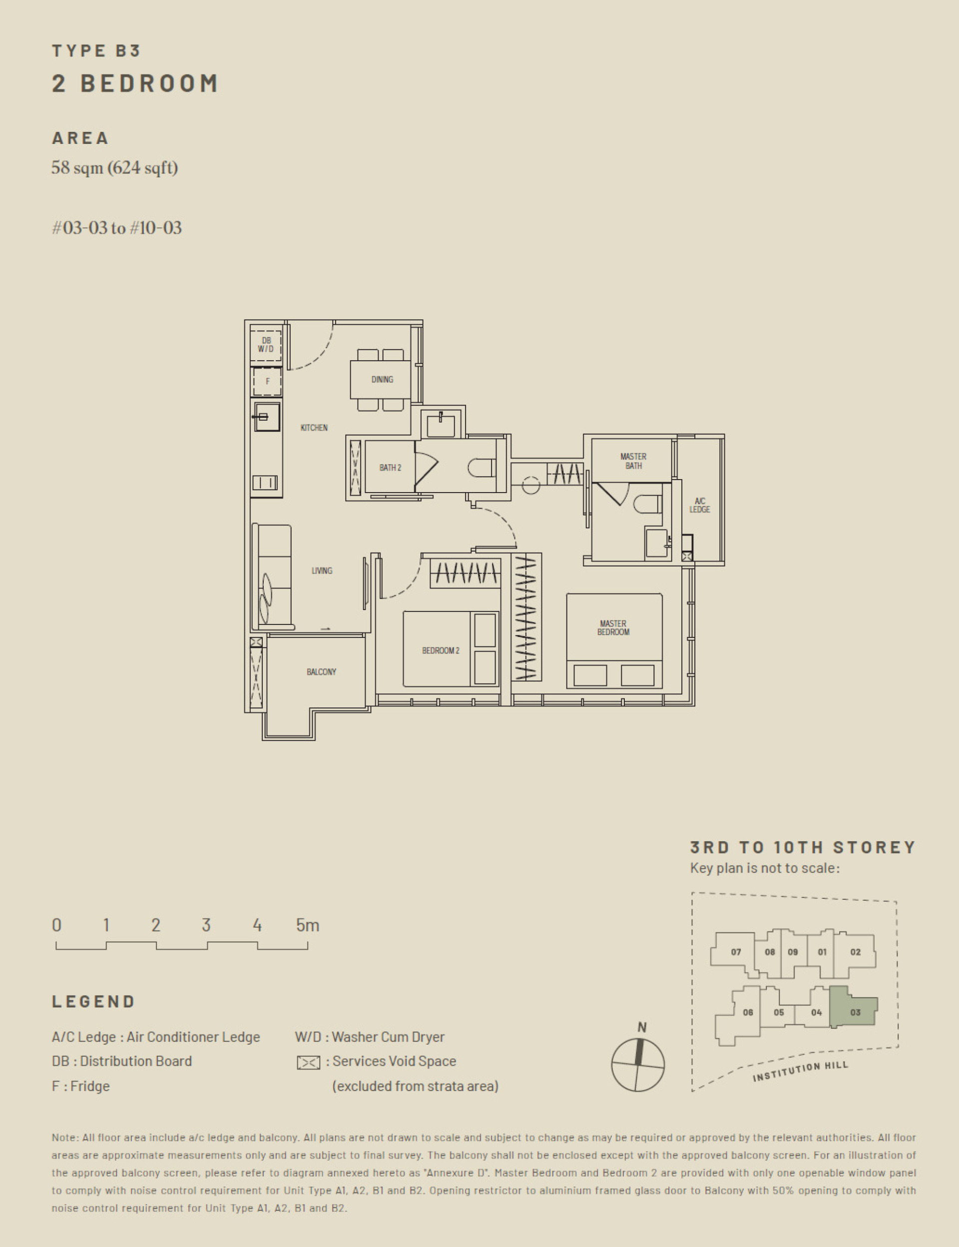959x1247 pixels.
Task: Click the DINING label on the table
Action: click(x=382, y=379)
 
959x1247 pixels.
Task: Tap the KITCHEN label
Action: click(x=314, y=428)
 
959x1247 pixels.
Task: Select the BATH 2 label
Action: click(x=390, y=468)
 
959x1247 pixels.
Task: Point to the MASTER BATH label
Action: click(x=633, y=461)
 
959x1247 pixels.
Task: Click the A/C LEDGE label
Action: click(x=699, y=505)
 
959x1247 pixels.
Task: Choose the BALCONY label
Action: click(x=321, y=671)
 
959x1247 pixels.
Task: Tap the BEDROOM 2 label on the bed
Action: click(x=440, y=650)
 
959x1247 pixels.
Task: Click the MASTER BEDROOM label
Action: click(x=613, y=627)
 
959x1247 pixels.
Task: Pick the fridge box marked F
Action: click(x=267, y=381)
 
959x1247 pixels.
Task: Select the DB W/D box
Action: click(x=266, y=345)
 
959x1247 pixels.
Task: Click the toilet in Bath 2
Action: click(x=481, y=468)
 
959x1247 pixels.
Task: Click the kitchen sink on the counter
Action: click(x=267, y=417)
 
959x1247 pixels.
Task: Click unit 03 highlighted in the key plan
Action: click(x=855, y=1012)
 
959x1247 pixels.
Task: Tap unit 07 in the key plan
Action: click(x=736, y=952)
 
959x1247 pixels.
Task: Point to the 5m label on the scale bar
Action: click(x=307, y=925)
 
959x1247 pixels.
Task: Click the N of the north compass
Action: click(x=642, y=1027)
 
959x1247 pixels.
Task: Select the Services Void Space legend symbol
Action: click(x=308, y=1063)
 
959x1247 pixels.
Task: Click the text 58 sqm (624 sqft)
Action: click(x=114, y=168)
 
